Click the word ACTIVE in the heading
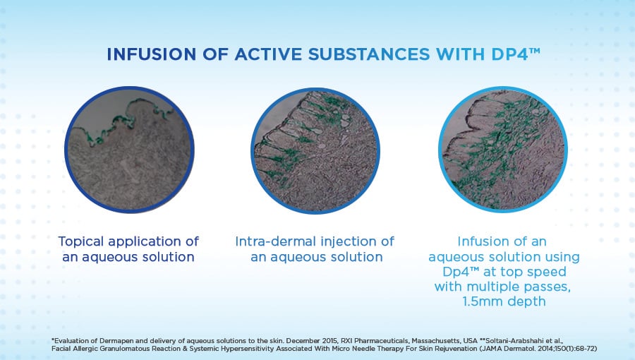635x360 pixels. (x=267, y=54)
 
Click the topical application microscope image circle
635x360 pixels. (x=129, y=150)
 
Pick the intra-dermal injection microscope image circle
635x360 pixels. (x=315, y=150)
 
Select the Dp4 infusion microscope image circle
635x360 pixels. (x=503, y=150)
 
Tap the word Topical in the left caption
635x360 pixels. (x=81, y=241)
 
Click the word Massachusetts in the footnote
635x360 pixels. (x=436, y=341)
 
